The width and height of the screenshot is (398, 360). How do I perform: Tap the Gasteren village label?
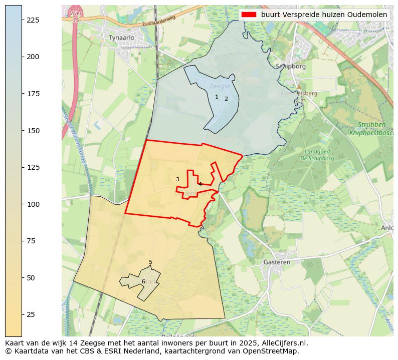[x=277, y=262]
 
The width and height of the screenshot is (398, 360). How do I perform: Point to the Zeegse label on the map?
[x=221, y=86]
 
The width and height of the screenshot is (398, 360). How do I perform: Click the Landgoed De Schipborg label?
[x=317, y=154]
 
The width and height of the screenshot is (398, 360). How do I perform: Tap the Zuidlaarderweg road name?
[x=159, y=20]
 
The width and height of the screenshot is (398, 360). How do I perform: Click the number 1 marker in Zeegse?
[x=217, y=97]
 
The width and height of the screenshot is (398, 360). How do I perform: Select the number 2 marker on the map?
[x=226, y=99]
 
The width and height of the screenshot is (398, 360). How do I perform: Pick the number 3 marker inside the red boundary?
[x=177, y=179]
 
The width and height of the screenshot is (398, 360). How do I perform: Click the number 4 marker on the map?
[x=200, y=184]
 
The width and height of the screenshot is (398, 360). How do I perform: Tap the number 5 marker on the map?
[x=150, y=262]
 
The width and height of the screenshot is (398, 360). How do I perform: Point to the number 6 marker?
[x=143, y=281]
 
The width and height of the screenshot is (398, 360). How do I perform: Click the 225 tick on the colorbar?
[x=33, y=20]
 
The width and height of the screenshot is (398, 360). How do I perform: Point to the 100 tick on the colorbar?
[x=33, y=204]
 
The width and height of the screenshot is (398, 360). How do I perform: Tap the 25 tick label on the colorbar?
[x=31, y=314]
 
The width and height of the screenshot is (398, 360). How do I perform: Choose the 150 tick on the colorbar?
[x=33, y=131]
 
